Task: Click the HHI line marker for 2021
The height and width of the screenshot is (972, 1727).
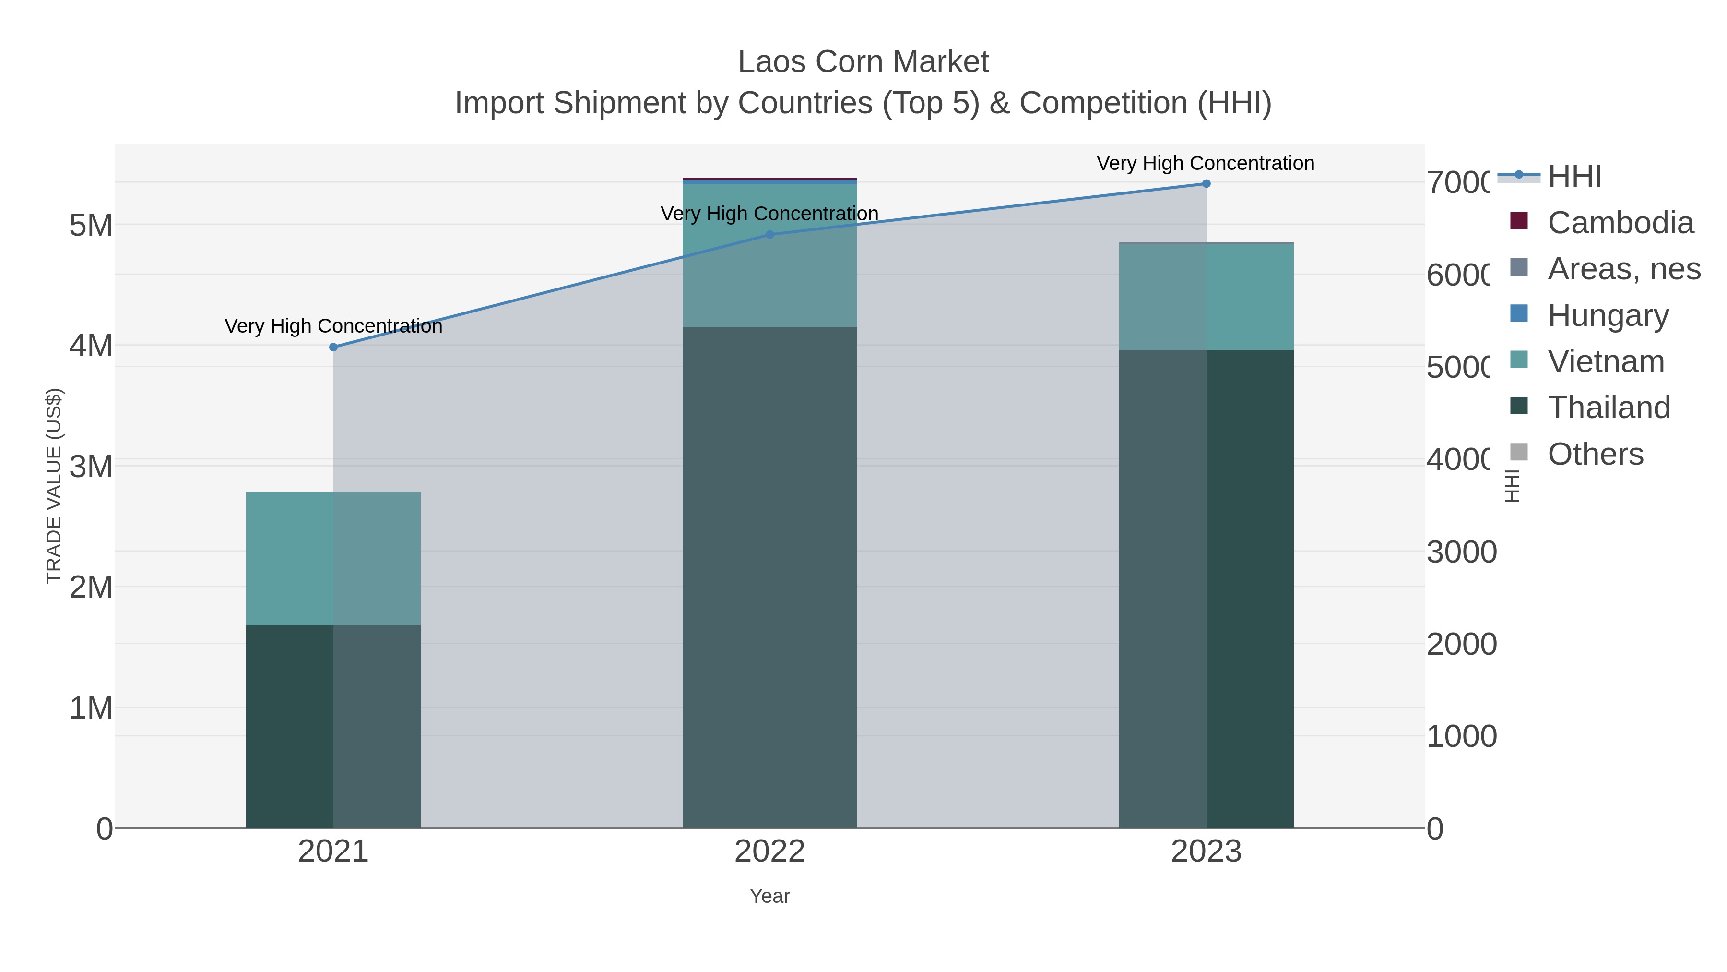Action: pyautogui.click(x=333, y=347)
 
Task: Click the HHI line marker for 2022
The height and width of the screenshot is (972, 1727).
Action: pyautogui.click(x=769, y=235)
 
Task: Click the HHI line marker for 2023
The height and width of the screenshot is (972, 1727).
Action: pyautogui.click(x=1206, y=184)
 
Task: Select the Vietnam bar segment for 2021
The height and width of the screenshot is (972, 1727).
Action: pyautogui.click(x=333, y=559)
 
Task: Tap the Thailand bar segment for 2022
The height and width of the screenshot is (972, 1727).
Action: pyautogui.click(x=769, y=577)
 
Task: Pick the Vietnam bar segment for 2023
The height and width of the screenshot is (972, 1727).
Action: pyautogui.click(x=1206, y=297)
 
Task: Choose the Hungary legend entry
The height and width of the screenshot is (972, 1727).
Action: pyautogui.click(x=1608, y=315)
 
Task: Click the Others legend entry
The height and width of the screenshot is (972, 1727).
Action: pyautogui.click(x=1595, y=454)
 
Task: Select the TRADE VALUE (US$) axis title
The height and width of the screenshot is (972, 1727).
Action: pyautogui.click(x=54, y=486)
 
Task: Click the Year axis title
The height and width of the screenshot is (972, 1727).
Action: pyautogui.click(x=769, y=896)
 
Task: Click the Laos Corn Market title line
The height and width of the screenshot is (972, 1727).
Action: pyautogui.click(x=863, y=62)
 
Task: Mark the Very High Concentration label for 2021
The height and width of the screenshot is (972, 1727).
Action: pyautogui.click(x=333, y=326)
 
